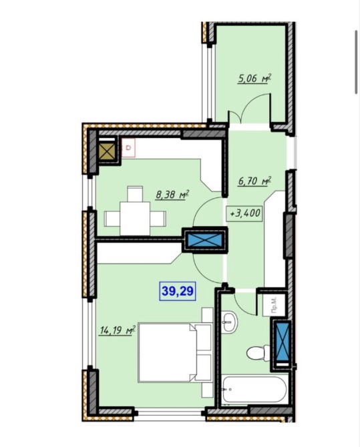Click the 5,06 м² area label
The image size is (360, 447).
tap(254, 78)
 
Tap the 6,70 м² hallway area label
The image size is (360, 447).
tap(254, 181)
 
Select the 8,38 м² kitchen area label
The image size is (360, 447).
tap(172, 195)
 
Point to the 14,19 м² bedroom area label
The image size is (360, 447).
tap(117, 330)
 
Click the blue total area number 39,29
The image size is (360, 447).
tap(177, 291)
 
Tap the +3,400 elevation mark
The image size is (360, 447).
tap(244, 213)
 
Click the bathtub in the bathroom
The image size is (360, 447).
tap(254, 390)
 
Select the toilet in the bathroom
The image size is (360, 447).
tap(258, 353)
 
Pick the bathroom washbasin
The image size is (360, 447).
tap(228, 322)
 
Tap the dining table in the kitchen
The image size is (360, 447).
tap(135, 219)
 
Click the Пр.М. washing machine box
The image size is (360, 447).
tap(274, 305)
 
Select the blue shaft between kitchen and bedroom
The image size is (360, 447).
tap(204, 240)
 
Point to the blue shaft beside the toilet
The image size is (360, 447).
tap(282, 344)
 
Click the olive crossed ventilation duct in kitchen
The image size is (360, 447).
tap(107, 151)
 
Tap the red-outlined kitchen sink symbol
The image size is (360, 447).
tap(128, 147)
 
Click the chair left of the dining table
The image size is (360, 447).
tap(112, 219)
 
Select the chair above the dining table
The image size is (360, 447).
tap(135, 194)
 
